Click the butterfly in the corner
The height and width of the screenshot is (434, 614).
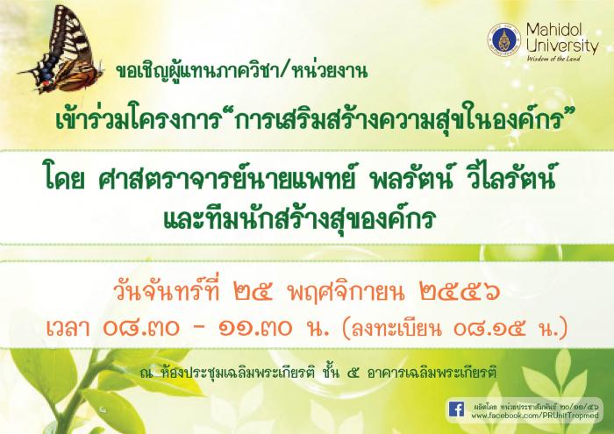click(62, 51)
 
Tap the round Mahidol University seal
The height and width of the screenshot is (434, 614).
click(504, 39)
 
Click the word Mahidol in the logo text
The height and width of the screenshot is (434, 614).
click(554, 30)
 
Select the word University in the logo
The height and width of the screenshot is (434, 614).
click(562, 46)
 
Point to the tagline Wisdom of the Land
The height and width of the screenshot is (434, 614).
click(553, 59)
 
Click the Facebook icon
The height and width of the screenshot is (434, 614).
click(457, 409)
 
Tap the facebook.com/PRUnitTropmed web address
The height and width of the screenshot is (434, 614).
click(535, 416)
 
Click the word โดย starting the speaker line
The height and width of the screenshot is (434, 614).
click(65, 181)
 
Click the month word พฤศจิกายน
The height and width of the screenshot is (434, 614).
click(346, 292)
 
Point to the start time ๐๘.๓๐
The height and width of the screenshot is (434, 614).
click(141, 328)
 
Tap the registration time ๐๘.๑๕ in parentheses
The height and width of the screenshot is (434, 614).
click(489, 329)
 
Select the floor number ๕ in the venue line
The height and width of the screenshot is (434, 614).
click(353, 374)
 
